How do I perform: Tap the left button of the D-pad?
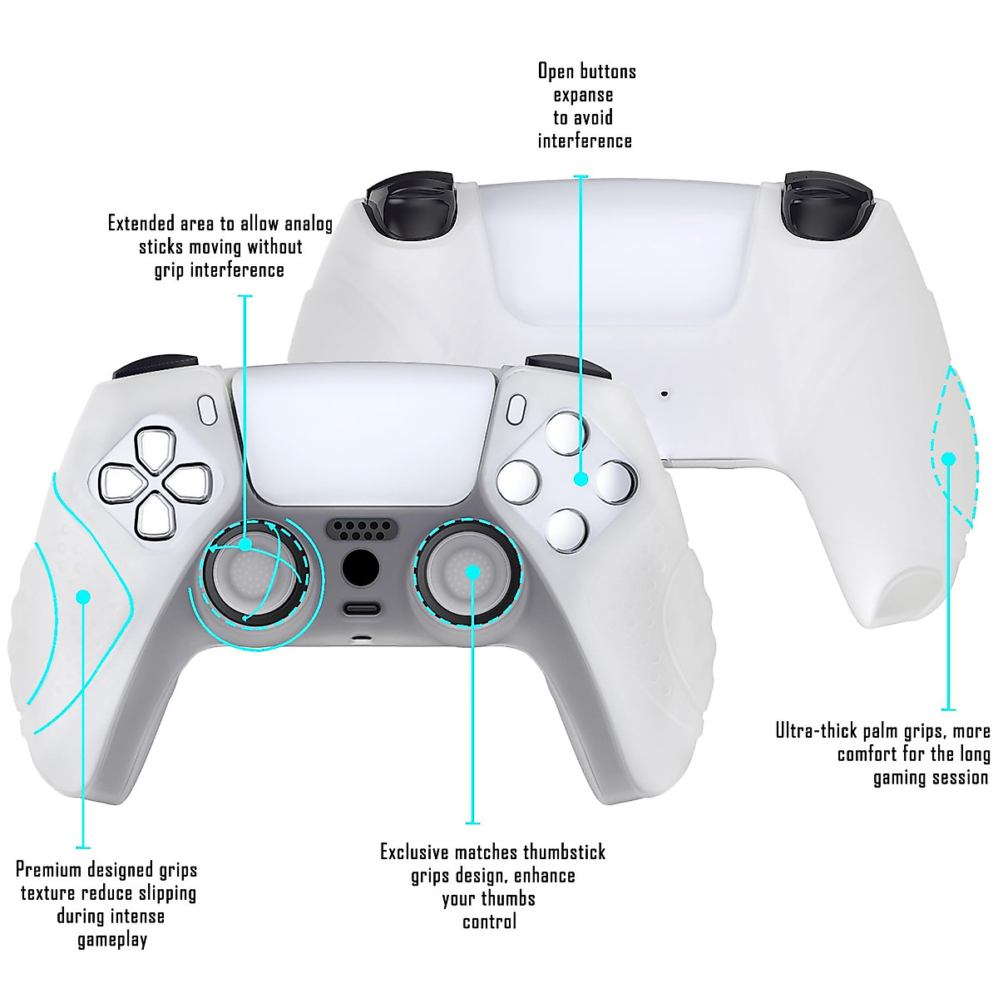click(121, 481)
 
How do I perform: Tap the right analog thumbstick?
click(470, 571)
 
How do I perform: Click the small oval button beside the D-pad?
click(208, 408)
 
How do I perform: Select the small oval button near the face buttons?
click(516, 408)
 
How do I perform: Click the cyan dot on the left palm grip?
click(83, 596)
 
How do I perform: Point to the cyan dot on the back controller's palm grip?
click(948, 458)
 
